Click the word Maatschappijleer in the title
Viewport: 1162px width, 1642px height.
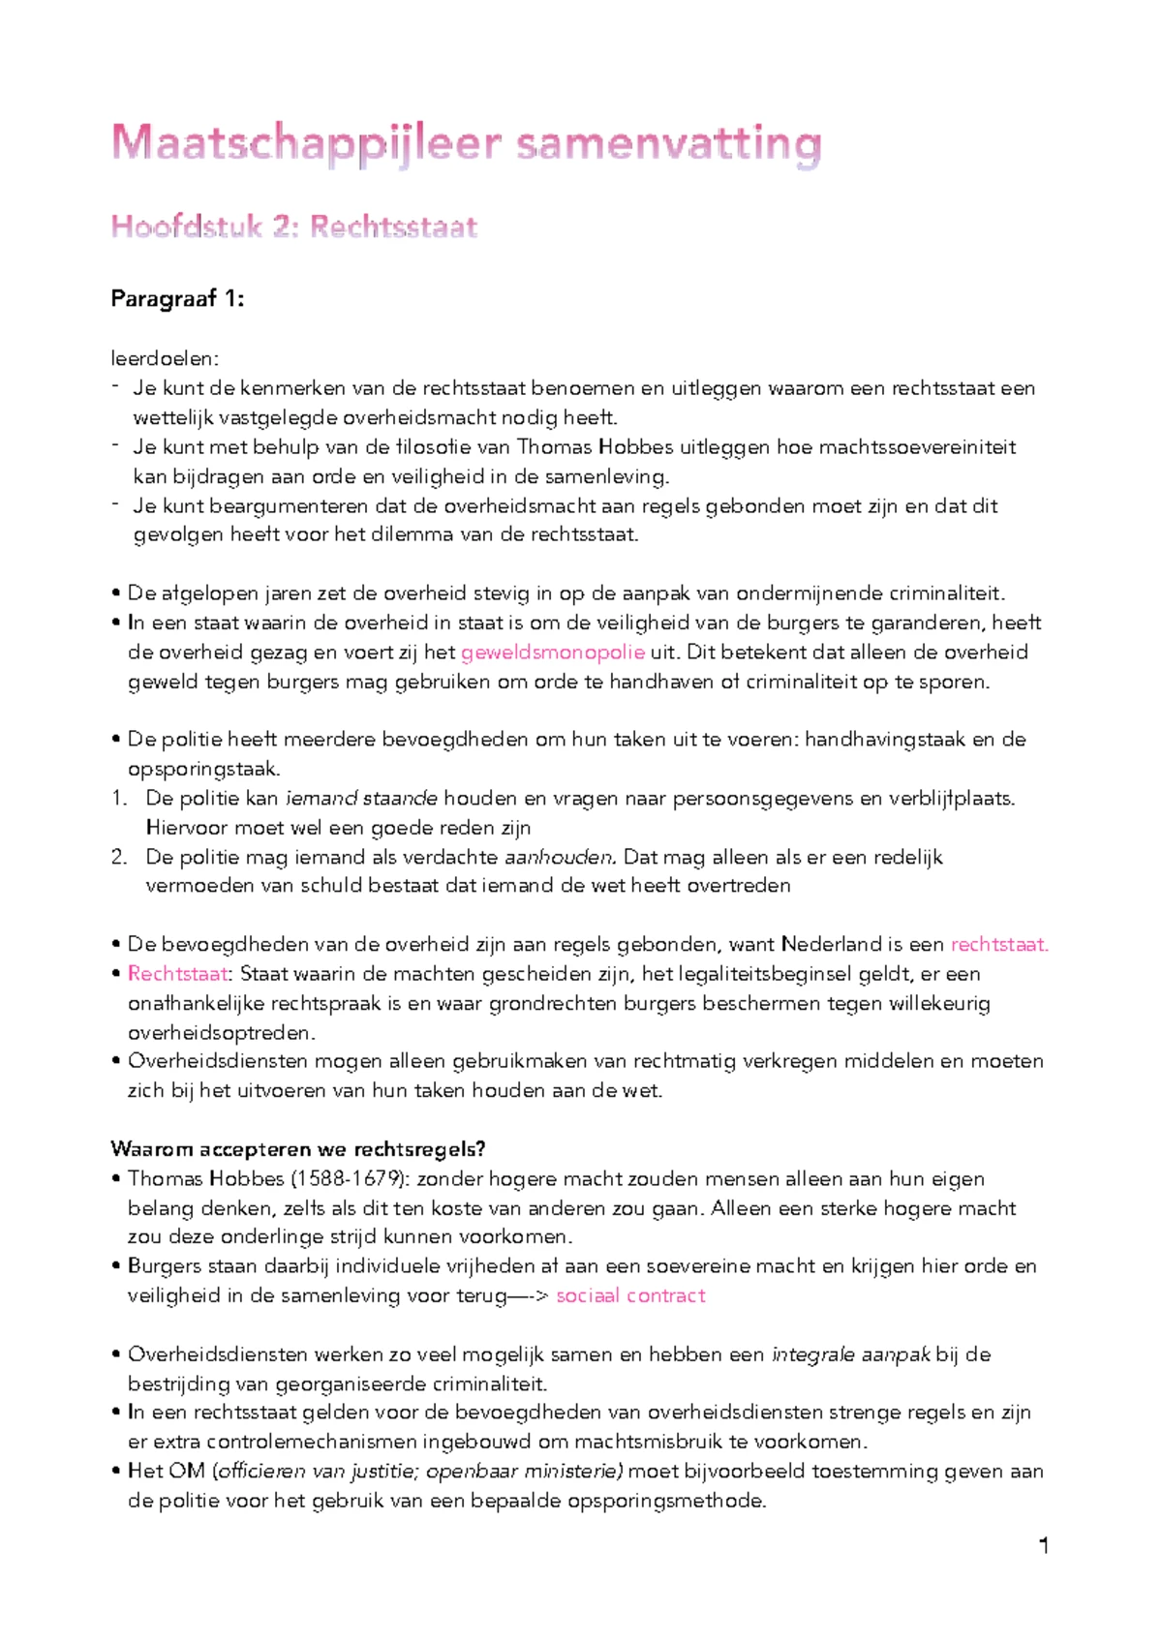pyautogui.click(x=306, y=144)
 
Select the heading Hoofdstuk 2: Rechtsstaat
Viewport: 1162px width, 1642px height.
pyautogui.click(x=294, y=227)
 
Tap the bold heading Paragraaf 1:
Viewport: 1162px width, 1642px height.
pyautogui.click(x=177, y=299)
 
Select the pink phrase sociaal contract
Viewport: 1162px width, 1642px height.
pyautogui.click(x=630, y=1295)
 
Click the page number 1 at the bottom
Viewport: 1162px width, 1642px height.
pyautogui.click(x=1044, y=1546)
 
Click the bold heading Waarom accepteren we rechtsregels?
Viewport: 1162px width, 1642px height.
pyautogui.click(x=297, y=1149)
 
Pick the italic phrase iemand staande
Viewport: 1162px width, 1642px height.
pyautogui.click(x=360, y=799)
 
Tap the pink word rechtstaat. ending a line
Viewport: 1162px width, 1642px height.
pyautogui.click(x=999, y=945)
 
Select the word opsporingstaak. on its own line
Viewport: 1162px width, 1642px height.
pyautogui.click(x=204, y=770)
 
